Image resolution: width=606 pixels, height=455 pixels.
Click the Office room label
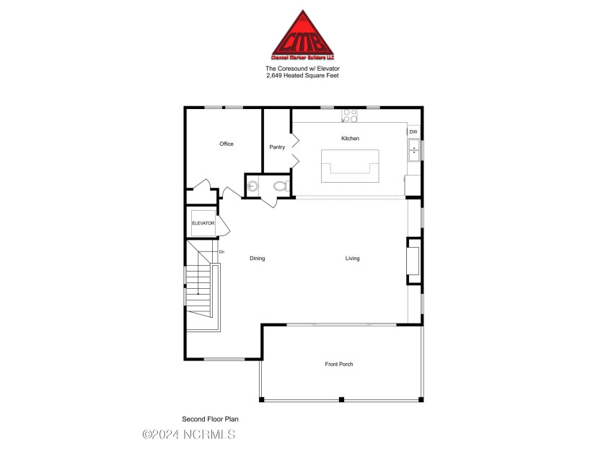click(x=227, y=144)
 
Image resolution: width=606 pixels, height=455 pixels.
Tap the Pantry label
click(x=277, y=147)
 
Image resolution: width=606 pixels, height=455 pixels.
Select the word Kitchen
click(x=350, y=138)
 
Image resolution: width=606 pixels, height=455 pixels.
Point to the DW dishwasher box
click(x=413, y=132)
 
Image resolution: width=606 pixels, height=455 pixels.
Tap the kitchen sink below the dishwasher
click(x=414, y=150)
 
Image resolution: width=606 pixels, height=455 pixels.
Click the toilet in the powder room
click(x=280, y=186)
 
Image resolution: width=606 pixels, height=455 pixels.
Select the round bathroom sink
click(x=252, y=186)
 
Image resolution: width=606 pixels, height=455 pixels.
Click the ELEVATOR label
click(x=203, y=223)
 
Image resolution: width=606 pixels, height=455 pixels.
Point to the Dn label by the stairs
click(x=221, y=251)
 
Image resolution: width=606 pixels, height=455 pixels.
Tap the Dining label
click(x=257, y=259)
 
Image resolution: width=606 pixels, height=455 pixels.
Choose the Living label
click(x=352, y=259)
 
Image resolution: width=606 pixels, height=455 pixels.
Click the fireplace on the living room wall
click(x=413, y=261)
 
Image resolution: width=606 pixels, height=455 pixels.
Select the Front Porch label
click(x=339, y=364)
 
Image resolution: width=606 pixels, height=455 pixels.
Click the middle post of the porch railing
click(x=341, y=399)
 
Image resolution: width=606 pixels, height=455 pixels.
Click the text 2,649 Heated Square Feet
click(x=303, y=75)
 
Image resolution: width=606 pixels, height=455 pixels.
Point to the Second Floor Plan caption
click(x=210, y=419)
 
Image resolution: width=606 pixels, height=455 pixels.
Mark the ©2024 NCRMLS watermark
click(x=189, y=434)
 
